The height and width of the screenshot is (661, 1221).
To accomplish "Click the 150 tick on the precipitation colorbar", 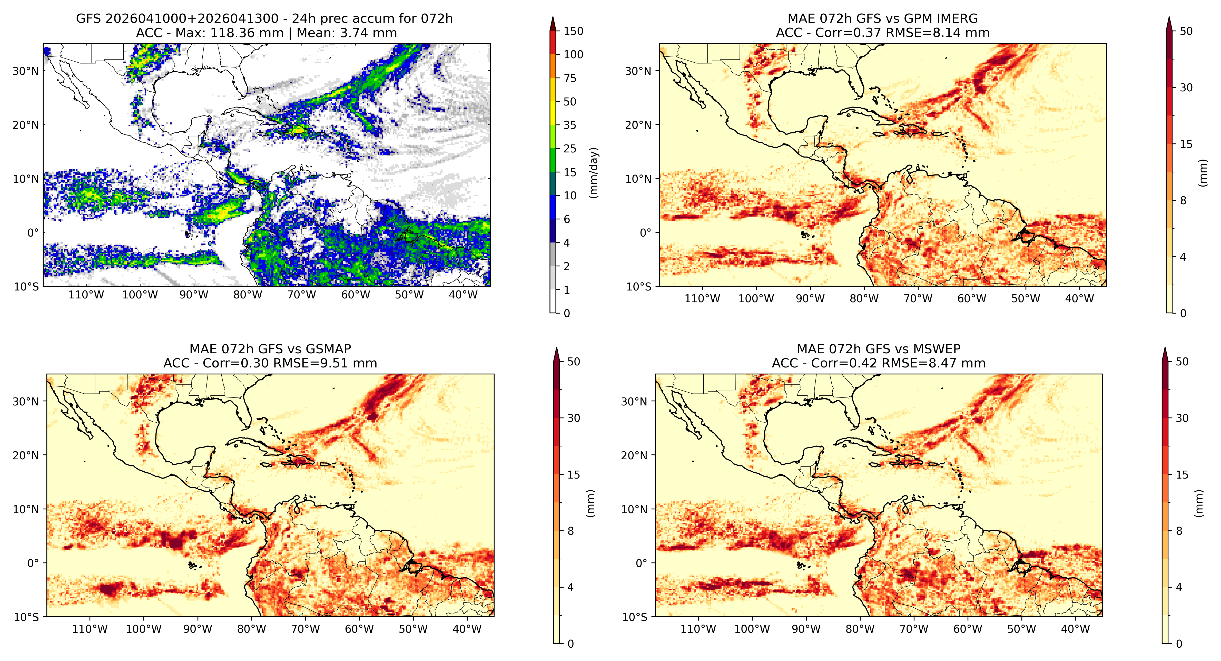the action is click(574, 31).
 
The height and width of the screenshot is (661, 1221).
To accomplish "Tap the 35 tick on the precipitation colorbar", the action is click(570, 125).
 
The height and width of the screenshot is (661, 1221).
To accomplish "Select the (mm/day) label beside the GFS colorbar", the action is click(593, 173).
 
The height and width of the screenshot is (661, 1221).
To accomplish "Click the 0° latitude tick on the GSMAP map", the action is click(33, 563).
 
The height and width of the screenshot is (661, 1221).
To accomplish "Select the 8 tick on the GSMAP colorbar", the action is click(571, 531).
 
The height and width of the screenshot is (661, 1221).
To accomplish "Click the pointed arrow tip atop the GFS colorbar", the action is click(553, 17).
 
